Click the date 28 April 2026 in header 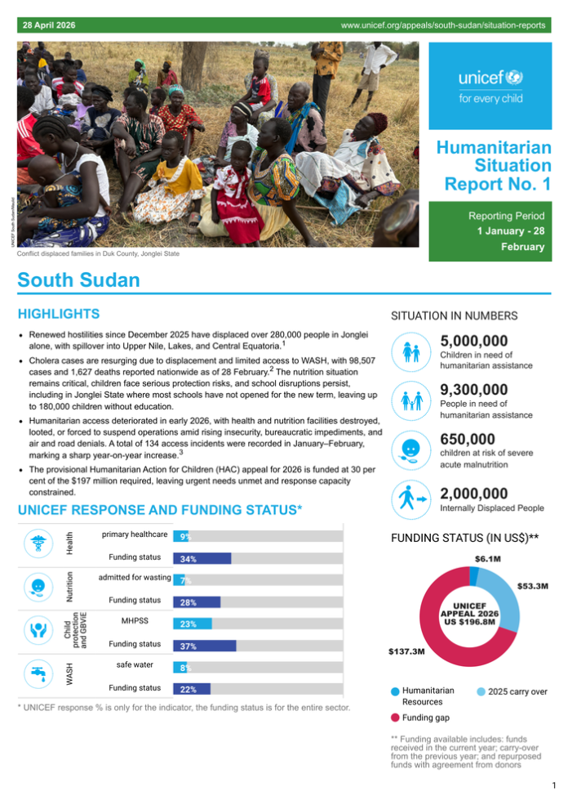49,27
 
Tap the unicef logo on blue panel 490,86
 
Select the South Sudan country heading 78,280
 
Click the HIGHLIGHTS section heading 59,314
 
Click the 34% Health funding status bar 202,559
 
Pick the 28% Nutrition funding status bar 196,602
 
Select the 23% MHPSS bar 192,624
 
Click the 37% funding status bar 204,646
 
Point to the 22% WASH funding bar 191,689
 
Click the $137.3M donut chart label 406,651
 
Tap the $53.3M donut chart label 533,586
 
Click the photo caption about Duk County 98,254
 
